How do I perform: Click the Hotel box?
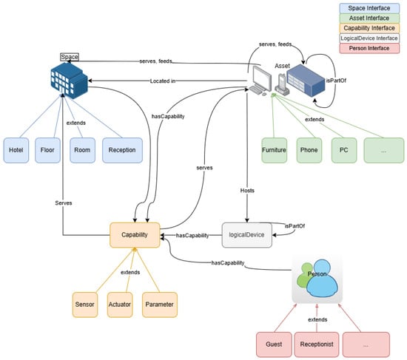tap(16, 151)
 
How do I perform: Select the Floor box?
tap(48, 151)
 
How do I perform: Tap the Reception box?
tap(122, 151)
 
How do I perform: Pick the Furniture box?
tap(274, 151)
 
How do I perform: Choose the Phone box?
tap(309, 151)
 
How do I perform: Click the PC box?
tap(344, 151)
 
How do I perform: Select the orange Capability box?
tap(135, 235)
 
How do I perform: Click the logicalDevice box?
tap(247, 235)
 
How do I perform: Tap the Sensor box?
tap(85, 305)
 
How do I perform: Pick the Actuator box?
tap(120, 305)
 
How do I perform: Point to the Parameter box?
tap(160, 305)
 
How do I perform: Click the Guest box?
tap(274, 344)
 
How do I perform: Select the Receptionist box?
tap(317, 344)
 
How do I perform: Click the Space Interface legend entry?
tap(369, 8)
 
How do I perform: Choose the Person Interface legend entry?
tap(369, 49)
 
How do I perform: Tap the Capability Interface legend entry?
tap(369, 28)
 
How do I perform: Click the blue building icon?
tap(70, 81)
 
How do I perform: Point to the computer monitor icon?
tap(260, 81)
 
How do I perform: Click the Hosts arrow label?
tap(247, 191)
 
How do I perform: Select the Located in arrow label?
tap(163, 81)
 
